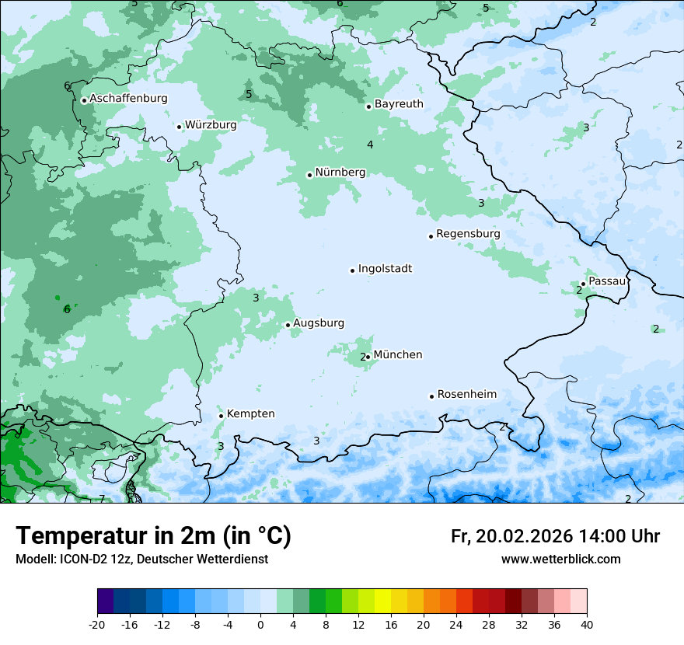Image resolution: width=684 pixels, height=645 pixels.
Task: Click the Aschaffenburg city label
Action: pos(128,99)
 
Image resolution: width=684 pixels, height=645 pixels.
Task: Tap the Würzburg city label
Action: pos(211,125)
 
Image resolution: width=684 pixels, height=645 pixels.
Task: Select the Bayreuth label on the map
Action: pos(399,104)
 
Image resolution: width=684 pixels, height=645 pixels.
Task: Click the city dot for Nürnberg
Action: pos(309,175)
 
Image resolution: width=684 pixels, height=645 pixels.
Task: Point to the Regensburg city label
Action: pos(468,234)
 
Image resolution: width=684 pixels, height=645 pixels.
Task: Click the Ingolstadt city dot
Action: pos(352,270)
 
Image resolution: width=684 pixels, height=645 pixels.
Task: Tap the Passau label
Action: pos(606,281)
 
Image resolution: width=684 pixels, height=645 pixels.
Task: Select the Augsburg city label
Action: pos(319,323)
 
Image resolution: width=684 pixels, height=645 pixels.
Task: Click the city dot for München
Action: pos(368,357)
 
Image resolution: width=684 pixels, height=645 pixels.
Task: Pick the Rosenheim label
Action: pos(466,395)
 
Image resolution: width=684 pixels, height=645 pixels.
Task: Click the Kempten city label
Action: pos(250,414)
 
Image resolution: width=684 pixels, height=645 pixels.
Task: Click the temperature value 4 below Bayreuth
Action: pos(370,145)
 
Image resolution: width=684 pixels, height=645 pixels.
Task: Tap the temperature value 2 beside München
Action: pos(362,357)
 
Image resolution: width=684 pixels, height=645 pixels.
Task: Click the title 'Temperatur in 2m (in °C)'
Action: pos(153,536)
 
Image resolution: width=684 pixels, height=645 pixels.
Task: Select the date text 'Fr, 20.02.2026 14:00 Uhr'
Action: pos(555,536)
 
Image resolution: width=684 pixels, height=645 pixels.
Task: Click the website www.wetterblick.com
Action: pos(560,560)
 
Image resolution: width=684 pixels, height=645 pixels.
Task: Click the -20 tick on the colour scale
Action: pos(97,624)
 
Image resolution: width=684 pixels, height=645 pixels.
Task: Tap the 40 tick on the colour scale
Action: pos(587,624)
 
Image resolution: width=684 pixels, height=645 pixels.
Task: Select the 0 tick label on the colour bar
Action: pos(260,624)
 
